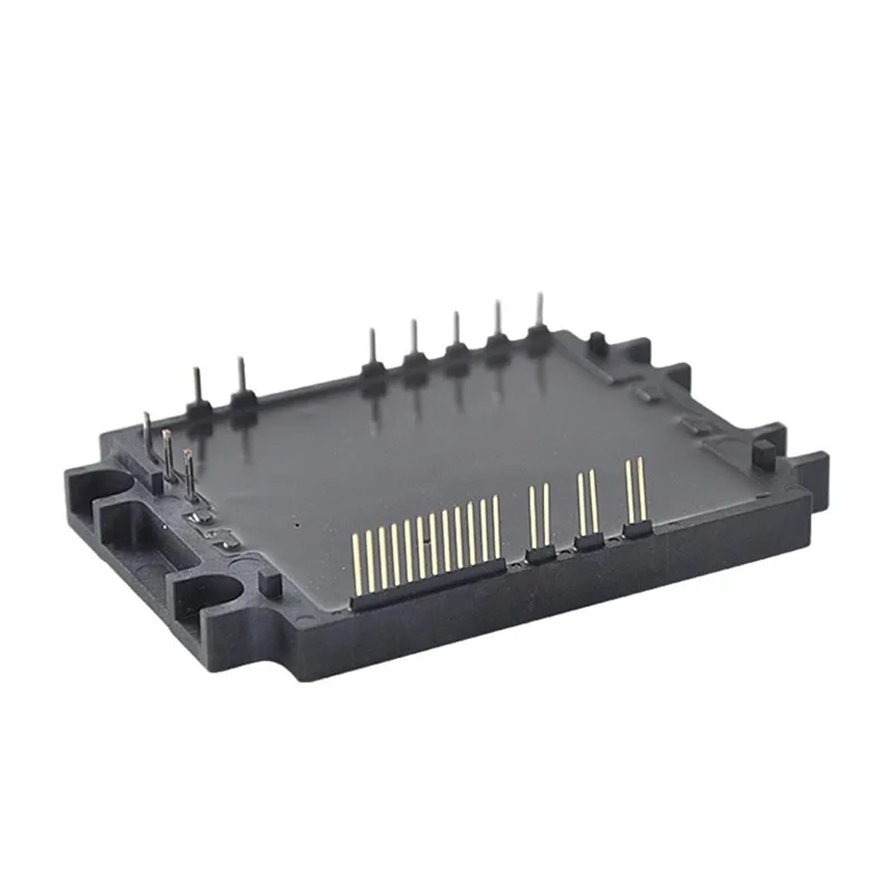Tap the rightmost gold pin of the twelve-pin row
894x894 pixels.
496,525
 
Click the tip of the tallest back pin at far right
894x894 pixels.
539,296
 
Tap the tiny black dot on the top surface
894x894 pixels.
297,525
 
